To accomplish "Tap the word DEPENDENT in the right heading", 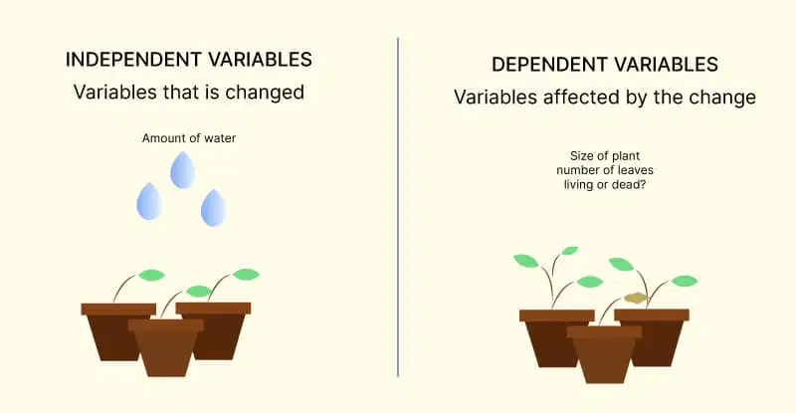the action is pos(550,65).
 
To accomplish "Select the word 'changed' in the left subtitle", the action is pos(265,92).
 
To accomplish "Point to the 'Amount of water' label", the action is pos(189,138).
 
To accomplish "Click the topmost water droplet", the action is pos(183,169).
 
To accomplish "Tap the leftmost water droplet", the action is pos(149,201).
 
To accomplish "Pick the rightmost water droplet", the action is pos(213,207).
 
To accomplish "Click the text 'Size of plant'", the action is pos(605,156).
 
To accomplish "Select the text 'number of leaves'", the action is pos(605,170).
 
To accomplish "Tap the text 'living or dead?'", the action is pos(605,184).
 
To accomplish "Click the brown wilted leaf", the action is pos(636,299).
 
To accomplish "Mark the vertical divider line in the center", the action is pos(398,207).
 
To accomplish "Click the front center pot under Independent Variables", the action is pos(166,347).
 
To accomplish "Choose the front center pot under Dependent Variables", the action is pos(604,354).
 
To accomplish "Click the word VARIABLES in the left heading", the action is pos(261,60).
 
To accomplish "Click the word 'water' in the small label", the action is pos(220,138).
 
